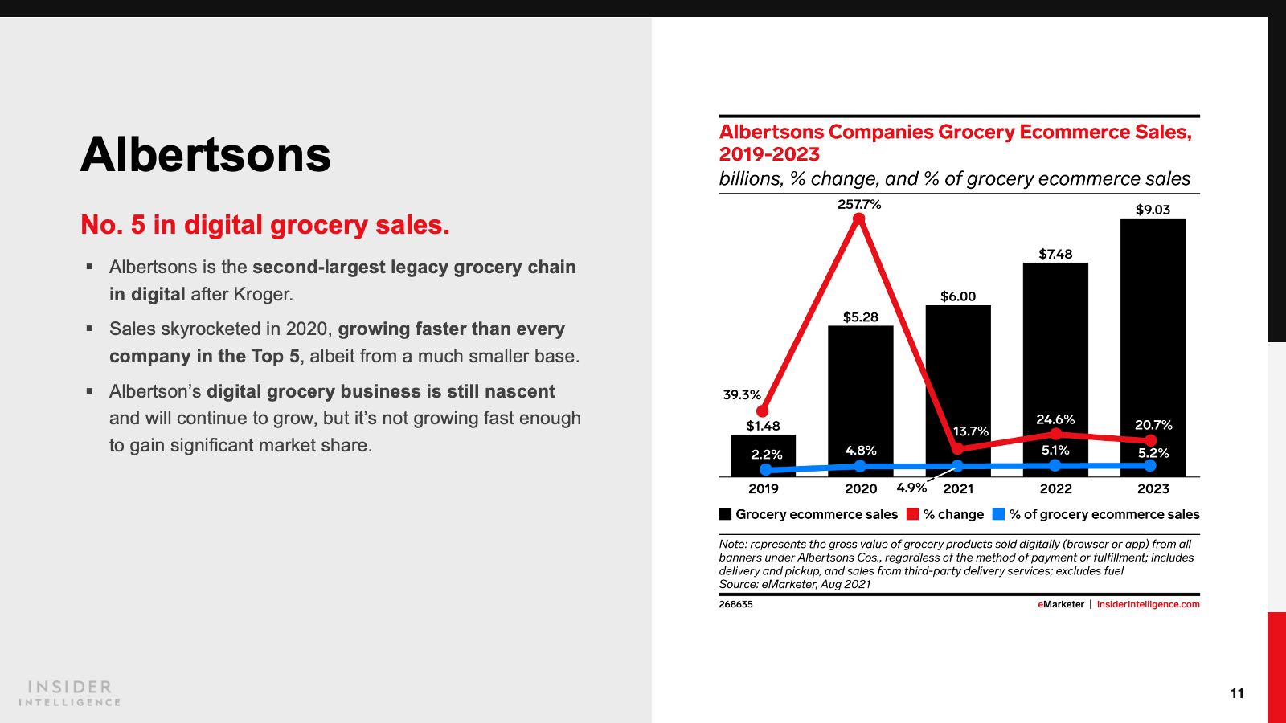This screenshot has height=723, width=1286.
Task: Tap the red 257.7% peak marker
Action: (x=859, y=219)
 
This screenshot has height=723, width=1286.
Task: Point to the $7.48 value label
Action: (x=1055, y=254)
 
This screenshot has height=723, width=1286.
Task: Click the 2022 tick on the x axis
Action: (x=1055, y=488)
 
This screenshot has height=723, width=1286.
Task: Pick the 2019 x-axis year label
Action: (x=763, y=488)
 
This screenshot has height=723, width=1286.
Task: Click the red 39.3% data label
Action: (x=741, y=394)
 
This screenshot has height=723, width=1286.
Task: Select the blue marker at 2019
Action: (x=765, y=469)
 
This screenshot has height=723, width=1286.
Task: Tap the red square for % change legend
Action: (x=912, y=514)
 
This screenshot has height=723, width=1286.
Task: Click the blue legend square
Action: (x=998, y=514)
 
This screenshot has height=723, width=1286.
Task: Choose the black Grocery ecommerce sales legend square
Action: (x=725, y=514)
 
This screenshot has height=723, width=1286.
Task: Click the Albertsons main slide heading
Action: (x=206, y=154)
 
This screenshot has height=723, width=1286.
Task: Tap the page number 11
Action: (x=1237, y=693)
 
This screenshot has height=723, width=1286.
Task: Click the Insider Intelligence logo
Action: (x=70, y=692)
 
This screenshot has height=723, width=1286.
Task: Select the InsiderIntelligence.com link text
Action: (x=1148, y=604)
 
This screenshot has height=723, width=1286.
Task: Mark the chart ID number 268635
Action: (x=735, y=604)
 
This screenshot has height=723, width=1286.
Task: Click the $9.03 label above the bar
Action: (x=1153, y=210)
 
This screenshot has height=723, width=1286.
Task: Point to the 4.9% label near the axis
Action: (x=911, y=488)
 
